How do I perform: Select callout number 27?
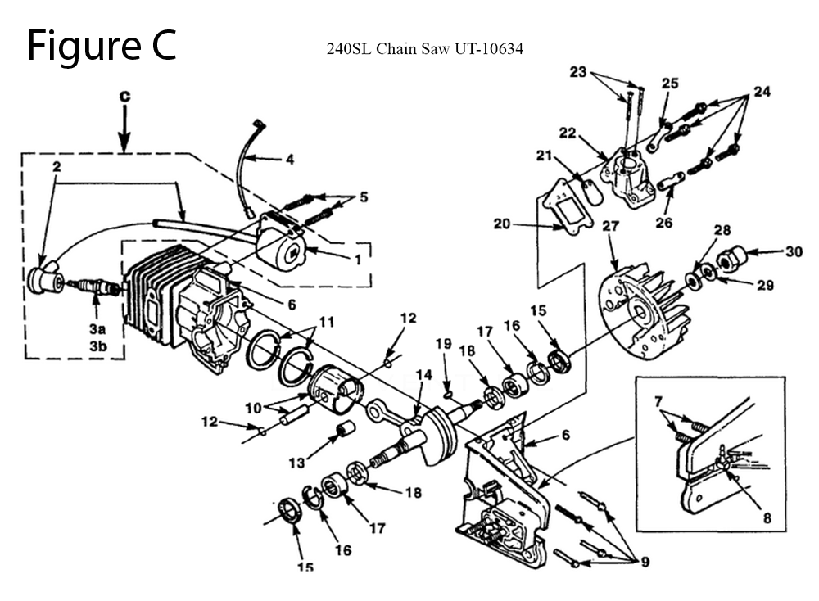609,227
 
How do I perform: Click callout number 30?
793,252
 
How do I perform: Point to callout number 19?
443,344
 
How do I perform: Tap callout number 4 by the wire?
289,160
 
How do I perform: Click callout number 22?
568,133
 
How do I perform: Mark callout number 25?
670,84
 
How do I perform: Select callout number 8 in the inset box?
767,517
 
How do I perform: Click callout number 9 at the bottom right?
645,562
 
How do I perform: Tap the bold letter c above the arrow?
124,97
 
